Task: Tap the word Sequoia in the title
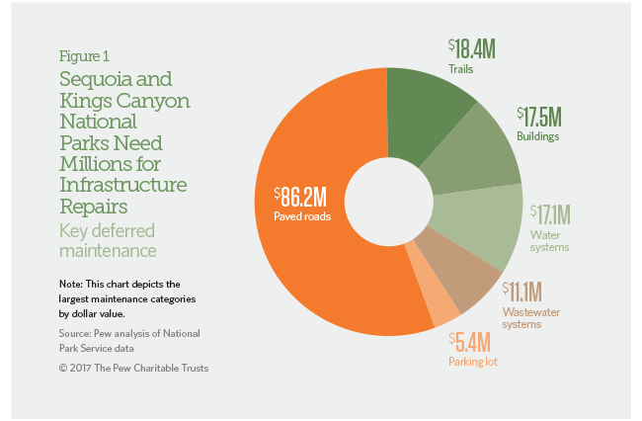point(93,78)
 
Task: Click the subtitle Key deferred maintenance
point(116,238)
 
